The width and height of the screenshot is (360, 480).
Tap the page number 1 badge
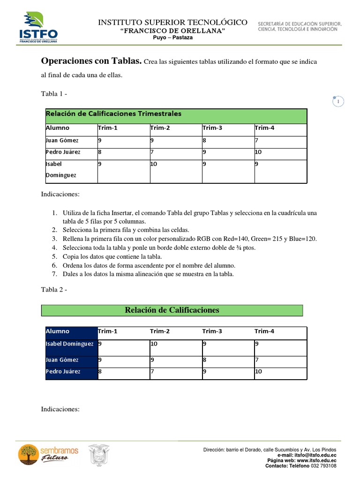[337, 101]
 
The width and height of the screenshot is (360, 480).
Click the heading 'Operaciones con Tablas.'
[91, 61]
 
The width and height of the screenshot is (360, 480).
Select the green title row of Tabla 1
[176, 115]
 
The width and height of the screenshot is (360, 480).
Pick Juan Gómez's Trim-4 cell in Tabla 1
[280, 140]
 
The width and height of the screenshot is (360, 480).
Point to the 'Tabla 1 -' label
[54, 94]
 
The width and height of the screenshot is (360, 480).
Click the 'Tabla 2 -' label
[54, 290]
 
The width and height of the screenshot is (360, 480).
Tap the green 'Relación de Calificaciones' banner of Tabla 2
[172, 310]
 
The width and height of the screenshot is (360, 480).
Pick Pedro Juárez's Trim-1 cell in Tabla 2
[123, 372]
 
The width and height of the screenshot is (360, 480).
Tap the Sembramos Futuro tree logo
[29, 455]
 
